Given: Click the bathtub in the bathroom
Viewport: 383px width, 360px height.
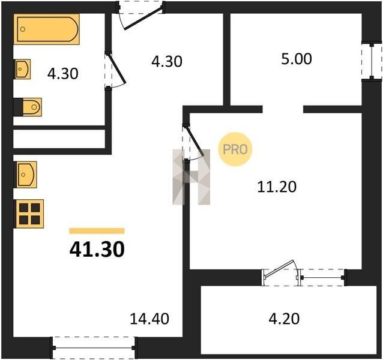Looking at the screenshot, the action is (46, 29).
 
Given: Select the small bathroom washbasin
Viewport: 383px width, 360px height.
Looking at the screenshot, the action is (22, 69).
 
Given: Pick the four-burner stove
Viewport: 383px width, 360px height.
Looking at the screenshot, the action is (29, 214).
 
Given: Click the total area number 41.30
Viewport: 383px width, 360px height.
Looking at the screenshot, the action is (97, 250).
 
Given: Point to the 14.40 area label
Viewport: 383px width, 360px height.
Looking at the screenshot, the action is (149, 319).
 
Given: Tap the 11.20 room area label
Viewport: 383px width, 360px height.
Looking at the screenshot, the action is (277, 187).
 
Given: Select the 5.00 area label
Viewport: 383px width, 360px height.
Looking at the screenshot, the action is (297, 59).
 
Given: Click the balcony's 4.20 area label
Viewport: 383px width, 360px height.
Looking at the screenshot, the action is (284, 319).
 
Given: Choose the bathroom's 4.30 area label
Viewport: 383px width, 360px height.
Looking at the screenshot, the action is (63, 74).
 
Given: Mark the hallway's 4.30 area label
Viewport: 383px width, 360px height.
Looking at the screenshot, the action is (167, 62).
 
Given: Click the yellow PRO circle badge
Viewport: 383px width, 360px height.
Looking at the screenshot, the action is (235, 149).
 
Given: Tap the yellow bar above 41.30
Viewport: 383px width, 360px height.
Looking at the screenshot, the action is (97, 231).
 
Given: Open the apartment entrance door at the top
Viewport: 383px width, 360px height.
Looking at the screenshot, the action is (140, 15).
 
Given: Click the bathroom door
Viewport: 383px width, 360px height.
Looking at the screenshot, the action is (115, 70).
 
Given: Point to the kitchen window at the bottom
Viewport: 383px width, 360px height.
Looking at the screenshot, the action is (94, 347).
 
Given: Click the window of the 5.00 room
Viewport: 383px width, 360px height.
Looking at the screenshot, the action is (372, 62).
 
